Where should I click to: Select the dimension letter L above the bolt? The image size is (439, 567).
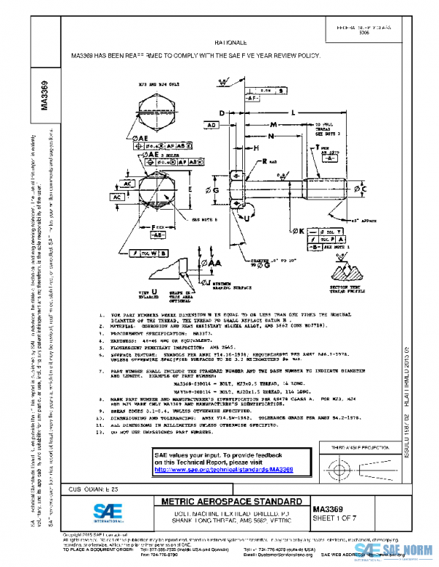tap(293, 113)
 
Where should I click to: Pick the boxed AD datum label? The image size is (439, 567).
tap(212, 126)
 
